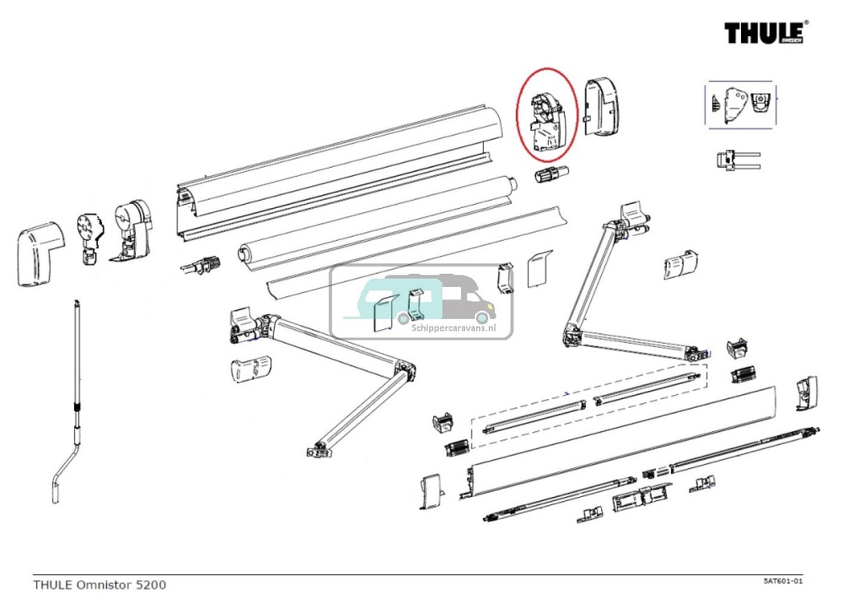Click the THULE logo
766,33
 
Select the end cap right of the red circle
603,107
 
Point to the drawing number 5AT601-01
782,581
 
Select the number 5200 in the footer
151,585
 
